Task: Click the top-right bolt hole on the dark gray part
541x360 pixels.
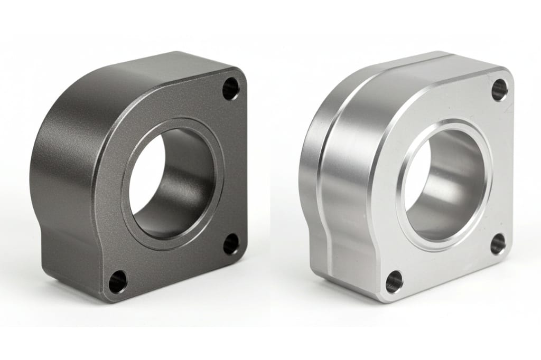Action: (231, 89)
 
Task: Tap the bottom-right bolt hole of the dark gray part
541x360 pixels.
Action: (231, 244)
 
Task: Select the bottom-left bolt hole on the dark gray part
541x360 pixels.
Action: (118, 282)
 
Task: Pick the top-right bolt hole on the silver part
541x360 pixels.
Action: (499, 90)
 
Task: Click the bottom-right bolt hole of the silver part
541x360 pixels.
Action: (498, 244)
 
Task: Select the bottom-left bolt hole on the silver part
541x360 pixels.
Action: (394, 282)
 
